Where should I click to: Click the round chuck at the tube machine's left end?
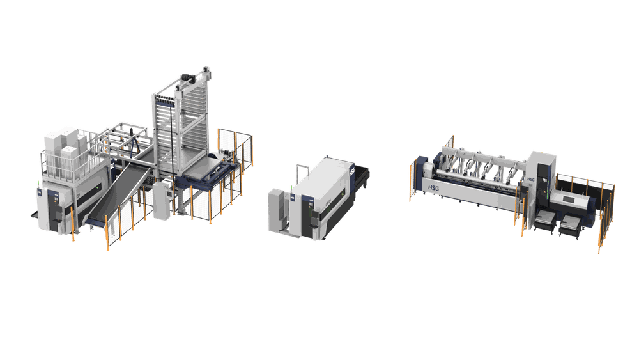(x=427, y=171)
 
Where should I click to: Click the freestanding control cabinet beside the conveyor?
(x=160, y=203)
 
